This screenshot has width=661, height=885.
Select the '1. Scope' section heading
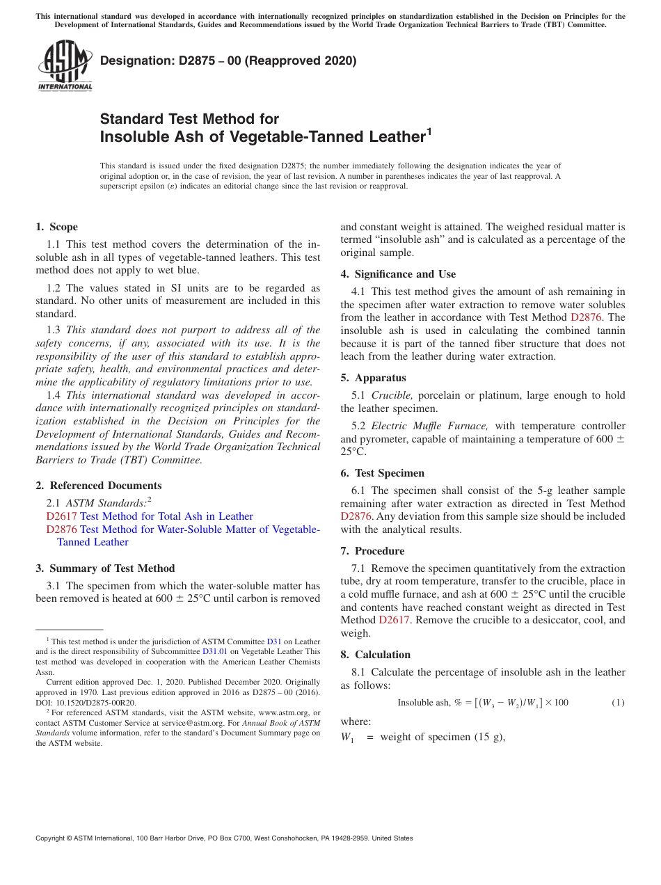click(x=56, y=227)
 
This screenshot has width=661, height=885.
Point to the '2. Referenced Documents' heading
click(x=98, y=486)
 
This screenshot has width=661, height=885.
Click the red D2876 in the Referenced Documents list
click(x=61, y=529)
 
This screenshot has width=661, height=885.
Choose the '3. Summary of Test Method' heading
click(x=105, y=568)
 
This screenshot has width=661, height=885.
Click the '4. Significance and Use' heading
click(x=398, y=274)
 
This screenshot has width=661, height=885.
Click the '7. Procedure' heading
click(x=372, y=551)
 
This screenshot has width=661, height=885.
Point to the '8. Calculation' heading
click(x=375, y=655)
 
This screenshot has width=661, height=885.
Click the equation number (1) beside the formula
click(x=618, y=703)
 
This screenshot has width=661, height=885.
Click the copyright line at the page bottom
click(x=224, y=838)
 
